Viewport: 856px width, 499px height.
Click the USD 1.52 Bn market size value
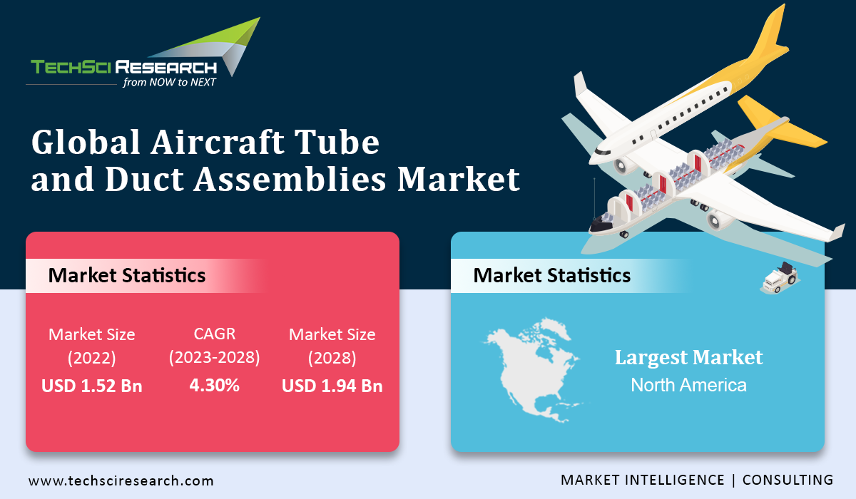pyautogui.click(x=92, y=386)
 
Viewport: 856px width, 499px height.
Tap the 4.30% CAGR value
pyautogui.click(x=215, y=385)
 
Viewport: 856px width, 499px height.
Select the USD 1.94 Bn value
pyautogui.click(x=332, y=386)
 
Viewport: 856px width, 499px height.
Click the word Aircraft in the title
pyautogui.click(x=217, y=142)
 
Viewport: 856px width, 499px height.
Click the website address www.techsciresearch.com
pyautogui.click(x=121, y=480)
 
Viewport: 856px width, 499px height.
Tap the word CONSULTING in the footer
pyautogui.click(x=788, y=480)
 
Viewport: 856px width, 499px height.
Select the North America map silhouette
pyautogui.click(x=533, y=369)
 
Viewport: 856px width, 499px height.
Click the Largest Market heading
pyautogui.click(x=688, y=358)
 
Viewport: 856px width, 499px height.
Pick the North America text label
pyautogui.click(x=688, y=385)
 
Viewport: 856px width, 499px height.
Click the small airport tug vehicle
pyautogui.click(x=780, y=277)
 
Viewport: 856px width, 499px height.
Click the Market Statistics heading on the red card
pyautogui.click(x=127, y=275)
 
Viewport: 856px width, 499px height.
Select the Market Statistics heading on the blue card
pyautogui.click(x=552, y=275)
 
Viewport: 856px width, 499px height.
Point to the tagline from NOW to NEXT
pyautogui.click(x=169, y=82)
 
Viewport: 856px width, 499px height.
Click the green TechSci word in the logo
pyautogui.click(x=71, y=67)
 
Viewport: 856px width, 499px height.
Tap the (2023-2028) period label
pyautogui.click(x=215, y=358)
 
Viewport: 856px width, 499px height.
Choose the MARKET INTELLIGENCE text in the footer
pyautogui.click(x=643, y=480)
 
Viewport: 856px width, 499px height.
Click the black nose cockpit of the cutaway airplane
pyautogui.click(x=601, y=226)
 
